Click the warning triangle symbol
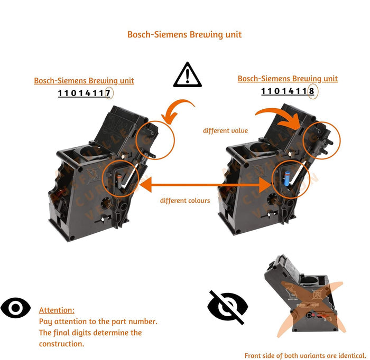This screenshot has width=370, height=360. click(x=187, y=74)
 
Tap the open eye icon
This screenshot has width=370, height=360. click(x=15, y=308)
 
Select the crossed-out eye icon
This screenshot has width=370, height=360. click(x=227, y=307)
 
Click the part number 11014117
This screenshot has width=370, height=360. click(x=84, y=93)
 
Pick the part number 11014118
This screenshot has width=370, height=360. click(x=288, y=91)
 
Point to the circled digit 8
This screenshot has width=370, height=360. click(x=312, y=91)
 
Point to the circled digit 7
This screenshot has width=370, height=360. click(x=108, y=93)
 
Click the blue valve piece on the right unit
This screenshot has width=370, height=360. click(x=287, y=178)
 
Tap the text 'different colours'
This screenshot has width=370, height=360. click(x=185, y=201)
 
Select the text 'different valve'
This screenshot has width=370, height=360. click(x=225, y=130)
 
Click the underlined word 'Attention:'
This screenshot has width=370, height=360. click(x=57, y=310)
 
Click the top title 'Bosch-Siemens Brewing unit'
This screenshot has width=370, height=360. click(x=184, y=34)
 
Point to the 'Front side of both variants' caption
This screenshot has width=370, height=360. click(x=305, y=355)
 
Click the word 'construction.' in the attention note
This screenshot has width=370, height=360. click(x=62, y=344)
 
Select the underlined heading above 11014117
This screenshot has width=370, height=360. click(x=84, y=81)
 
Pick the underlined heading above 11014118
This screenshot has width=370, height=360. click(x=288, y=79)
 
